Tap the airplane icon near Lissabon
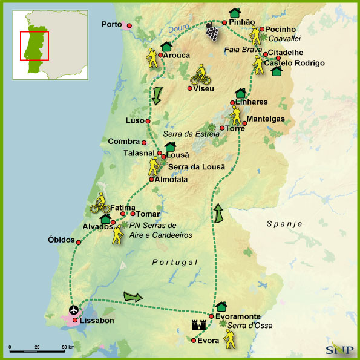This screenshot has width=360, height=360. click(x=71, y=311)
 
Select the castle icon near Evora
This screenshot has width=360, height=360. click(x=198, y=326)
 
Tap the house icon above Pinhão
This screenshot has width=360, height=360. click(x=234, y=13)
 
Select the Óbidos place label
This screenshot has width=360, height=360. click(x=61, y=240)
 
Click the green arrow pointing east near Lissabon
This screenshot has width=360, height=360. click(x=134, y=296)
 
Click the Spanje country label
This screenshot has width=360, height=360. click(x=284, y=224)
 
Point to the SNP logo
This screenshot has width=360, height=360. click(x=336, y=349)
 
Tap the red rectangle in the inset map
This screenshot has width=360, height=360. click(x=34, y=45)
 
